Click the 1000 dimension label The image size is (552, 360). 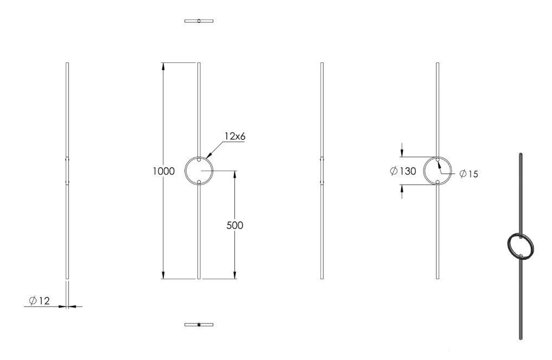point(163,171)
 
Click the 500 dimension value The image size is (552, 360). point(234,225)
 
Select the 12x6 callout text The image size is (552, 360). point(235,136)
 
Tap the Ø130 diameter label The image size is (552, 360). point(403,171)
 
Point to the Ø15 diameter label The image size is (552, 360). point(469,174)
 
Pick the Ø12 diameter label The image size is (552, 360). point(39,301)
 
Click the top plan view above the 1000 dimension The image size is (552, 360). point(199,21)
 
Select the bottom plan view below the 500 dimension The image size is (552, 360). point(199,324)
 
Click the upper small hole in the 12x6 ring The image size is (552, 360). point(199,160)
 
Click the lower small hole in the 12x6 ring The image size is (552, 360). point(199,182)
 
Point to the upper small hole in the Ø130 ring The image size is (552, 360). point(438,160)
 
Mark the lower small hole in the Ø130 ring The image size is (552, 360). point(438,182)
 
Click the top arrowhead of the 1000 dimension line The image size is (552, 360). point(163,67)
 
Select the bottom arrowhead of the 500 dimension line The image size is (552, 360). point(235,275)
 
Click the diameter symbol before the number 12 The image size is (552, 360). point(33,301)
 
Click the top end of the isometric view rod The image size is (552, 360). point(521,154)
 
